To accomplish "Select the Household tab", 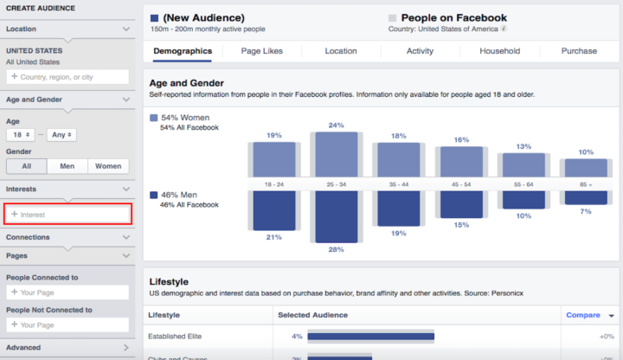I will pos(500,51).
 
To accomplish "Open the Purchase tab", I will pos(578,51).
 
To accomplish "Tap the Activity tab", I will pos(420,51).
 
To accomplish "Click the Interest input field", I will pos(69,214).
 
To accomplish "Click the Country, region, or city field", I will pos(69,77).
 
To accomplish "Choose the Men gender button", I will pos(67,166).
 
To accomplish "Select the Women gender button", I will pos(108,166).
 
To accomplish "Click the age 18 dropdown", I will pos(20,135).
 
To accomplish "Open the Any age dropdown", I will pos(62,135).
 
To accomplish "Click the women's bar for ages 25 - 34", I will pos(336,154).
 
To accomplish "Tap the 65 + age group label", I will pos(586,184).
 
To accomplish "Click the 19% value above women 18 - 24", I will pos(273,135).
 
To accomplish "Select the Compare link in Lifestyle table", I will pos(582,315).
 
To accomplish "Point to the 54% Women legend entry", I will pos(184,118).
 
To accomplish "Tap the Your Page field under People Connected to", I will pos(69,292).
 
